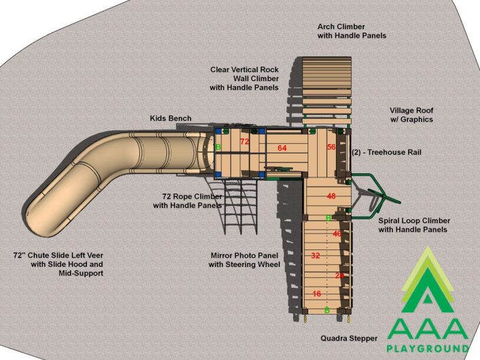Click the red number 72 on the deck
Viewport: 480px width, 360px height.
point(244,141)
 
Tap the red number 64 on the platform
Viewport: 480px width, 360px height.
point(282,148)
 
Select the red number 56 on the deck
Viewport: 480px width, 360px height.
point(331,147)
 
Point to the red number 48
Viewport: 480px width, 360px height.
point(331,196)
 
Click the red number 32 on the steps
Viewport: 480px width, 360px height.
point(315,255)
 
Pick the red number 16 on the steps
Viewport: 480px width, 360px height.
point(316,294)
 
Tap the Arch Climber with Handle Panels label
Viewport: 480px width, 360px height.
point(352,31)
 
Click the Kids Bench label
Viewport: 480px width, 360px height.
point(170,118)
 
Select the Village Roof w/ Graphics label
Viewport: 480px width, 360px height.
point(411,115)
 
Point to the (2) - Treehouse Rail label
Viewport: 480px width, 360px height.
point(386,152)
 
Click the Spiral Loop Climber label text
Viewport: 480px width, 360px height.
point(414,221)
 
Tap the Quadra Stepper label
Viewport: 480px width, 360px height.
point(349,338)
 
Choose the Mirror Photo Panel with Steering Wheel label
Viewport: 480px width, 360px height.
point(244,260)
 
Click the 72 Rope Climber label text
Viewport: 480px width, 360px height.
point(192,196)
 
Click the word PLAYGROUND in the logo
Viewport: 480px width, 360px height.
point(428,348)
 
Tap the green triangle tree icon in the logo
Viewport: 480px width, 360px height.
point(427,285)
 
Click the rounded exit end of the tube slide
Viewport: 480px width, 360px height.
point(37,221)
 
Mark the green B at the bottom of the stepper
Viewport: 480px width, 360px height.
point(327,310)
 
